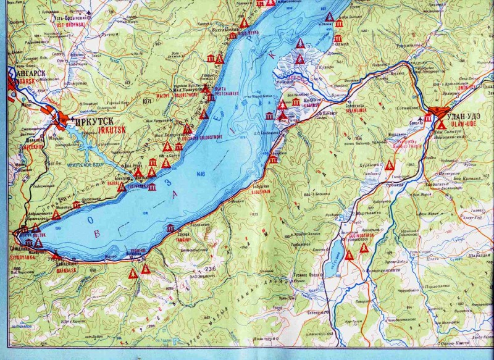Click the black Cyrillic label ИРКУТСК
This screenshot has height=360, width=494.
(x=92, y=122)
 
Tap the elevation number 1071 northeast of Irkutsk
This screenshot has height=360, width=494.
(x=146, y=101)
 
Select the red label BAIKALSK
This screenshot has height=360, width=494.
(x=66, y=270)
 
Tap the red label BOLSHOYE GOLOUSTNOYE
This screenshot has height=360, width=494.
(x=200, y=136)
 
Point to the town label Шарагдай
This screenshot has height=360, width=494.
(x=479, y=254)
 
